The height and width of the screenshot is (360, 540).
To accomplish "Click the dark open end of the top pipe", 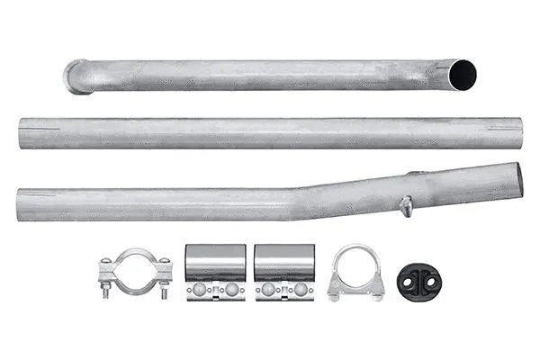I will click(x=465, y=73).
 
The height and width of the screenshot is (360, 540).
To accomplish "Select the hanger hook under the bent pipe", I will click(x=406, y=207).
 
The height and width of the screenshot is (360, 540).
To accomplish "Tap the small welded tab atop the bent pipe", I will click(x=413, y=174).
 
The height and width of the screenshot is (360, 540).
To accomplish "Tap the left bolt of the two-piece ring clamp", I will click(x=105, y=278).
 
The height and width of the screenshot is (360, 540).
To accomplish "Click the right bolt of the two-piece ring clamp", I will click(x=164, y=278).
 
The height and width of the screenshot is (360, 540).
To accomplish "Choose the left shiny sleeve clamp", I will click(x=213, y=271).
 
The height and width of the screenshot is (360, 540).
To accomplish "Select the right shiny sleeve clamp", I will click(x=283, y=271).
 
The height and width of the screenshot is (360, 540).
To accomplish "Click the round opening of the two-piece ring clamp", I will click(x=135, y=272).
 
